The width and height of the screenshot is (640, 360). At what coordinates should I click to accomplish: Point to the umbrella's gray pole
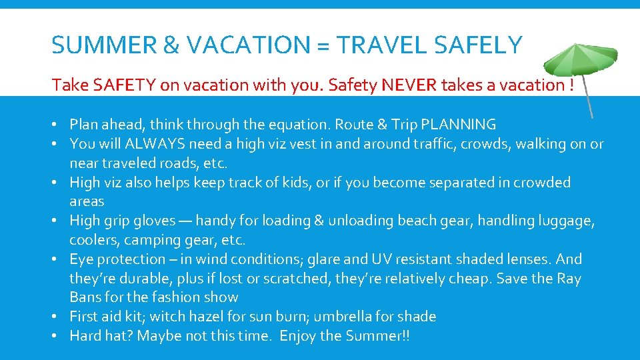tap(587, 100)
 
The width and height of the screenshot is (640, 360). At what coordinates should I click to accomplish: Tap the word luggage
tap(565, 220)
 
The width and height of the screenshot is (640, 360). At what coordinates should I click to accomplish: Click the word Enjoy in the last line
tap(298, 335)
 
